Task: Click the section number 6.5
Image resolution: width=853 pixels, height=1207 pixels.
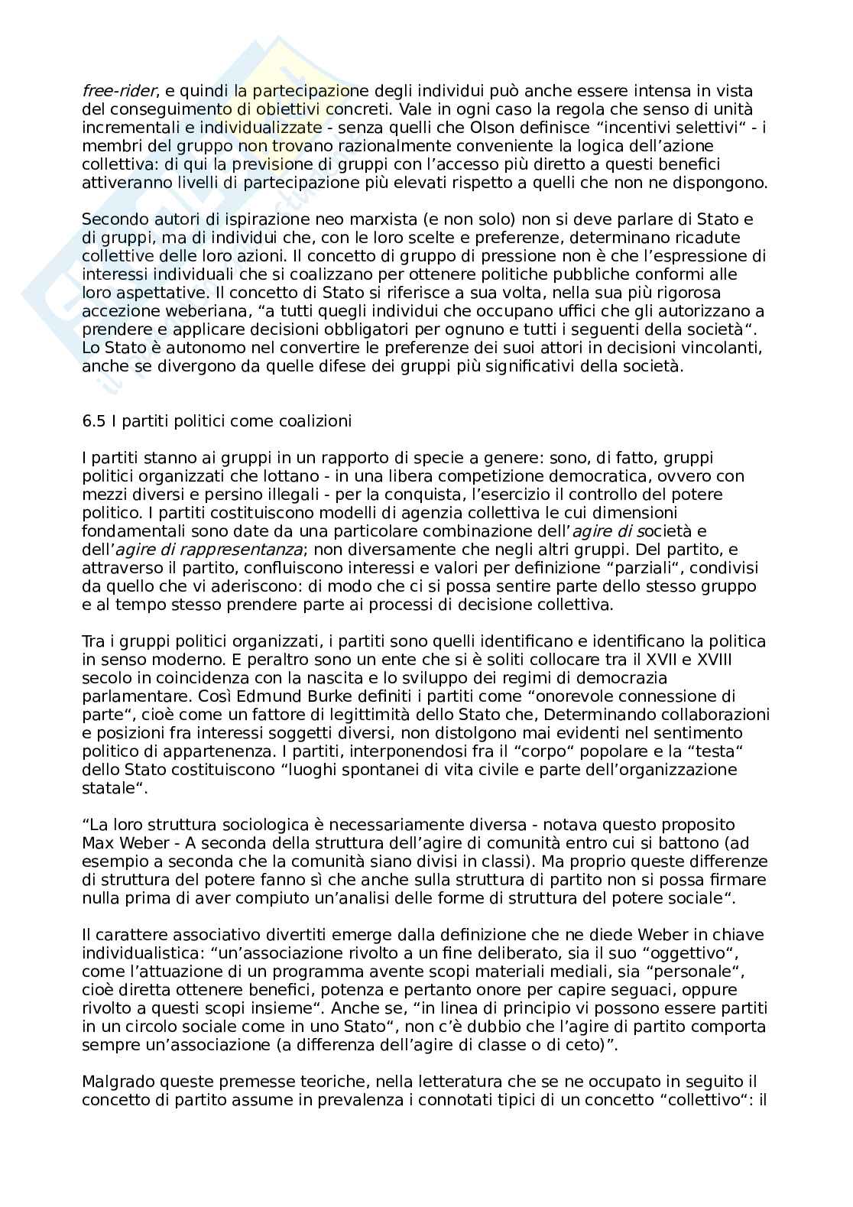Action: pos(93,420)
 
